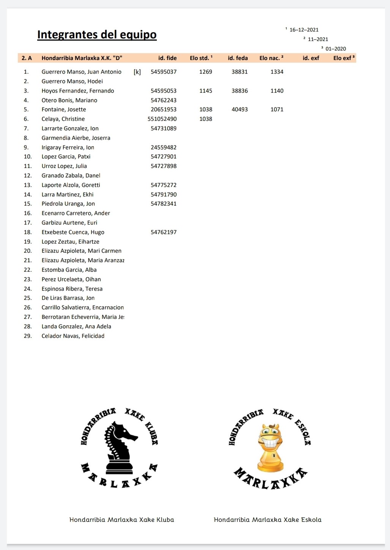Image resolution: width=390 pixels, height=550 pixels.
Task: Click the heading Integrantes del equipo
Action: tap(97, 35)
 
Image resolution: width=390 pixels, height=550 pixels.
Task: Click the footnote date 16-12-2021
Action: tap(304, 30)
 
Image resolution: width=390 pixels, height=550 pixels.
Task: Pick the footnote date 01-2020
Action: tap(336, 49)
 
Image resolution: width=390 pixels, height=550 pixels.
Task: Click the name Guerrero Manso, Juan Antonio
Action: tap(81, 72)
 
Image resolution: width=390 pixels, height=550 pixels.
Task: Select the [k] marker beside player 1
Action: tap(137, 72)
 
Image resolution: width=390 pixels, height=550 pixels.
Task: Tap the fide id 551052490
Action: tap(162, 119)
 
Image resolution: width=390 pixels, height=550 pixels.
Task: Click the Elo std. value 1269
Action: tap(205, 72)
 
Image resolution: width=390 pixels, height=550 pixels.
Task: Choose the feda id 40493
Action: tap(240, 109)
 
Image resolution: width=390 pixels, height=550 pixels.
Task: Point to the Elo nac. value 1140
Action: tap(277, 91)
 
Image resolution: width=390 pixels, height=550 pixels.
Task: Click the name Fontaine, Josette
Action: tap(64, 109)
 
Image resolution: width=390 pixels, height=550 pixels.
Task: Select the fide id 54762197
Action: tap(164, 232)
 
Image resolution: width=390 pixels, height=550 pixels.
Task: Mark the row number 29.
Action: tap(28, 336)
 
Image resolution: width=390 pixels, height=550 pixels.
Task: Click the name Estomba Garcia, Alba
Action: tap(69, 270)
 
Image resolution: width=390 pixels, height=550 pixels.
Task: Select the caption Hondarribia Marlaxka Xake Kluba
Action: tap(122, 520)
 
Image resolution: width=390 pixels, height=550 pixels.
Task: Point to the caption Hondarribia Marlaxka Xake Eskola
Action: tap(267, 520)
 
